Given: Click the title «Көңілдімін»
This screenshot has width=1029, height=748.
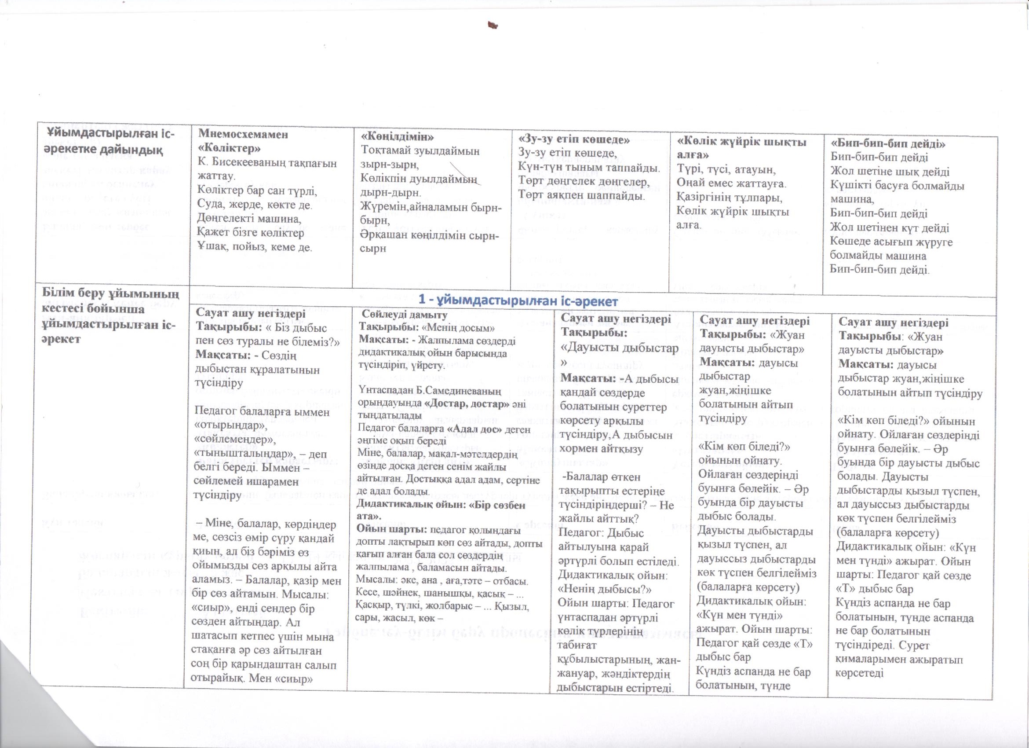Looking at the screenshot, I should [398, 136].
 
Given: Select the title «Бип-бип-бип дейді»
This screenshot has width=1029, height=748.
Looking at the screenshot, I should [888, 144].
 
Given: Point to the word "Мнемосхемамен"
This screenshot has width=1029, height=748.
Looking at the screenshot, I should [243, 135].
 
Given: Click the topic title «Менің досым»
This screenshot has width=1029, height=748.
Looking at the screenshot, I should [459, 327].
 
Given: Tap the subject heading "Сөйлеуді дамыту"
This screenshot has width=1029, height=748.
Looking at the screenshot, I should [404, 315].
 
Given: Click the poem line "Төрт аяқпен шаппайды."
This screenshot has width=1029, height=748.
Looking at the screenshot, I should [581, 196].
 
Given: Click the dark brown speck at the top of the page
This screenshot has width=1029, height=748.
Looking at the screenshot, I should [492, 26].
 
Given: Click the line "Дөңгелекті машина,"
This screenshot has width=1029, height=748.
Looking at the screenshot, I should [249, 219].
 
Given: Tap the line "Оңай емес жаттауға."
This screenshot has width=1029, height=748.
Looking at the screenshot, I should [731, 184].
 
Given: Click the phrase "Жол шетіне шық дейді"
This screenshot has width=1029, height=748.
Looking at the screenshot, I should [889, 172].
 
